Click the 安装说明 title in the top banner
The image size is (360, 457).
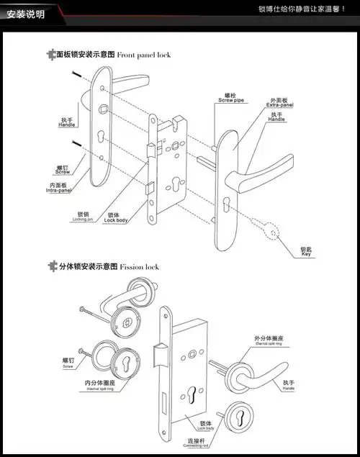(x=25, y=14)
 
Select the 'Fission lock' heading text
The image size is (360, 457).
(x=139, y=266)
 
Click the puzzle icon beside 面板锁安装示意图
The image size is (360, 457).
(x=50, y=55)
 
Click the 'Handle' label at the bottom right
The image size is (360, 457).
(x=289, y=385)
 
